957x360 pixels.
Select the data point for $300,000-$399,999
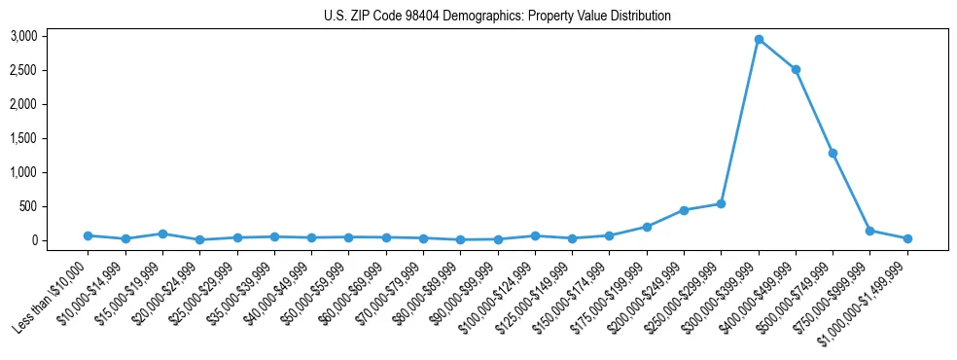point(759,40)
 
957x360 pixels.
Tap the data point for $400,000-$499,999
point(796,69)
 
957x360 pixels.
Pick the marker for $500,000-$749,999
point(833,153)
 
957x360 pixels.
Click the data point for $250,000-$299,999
point(721,203)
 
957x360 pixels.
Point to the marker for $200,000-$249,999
point(684,210)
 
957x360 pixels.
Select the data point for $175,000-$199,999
point(647,227)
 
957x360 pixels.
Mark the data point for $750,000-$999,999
point(869,231)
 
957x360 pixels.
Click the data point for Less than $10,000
point(88,235)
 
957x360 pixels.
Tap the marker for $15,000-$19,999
point(162,234)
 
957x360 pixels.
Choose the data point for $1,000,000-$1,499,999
point(907,238)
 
